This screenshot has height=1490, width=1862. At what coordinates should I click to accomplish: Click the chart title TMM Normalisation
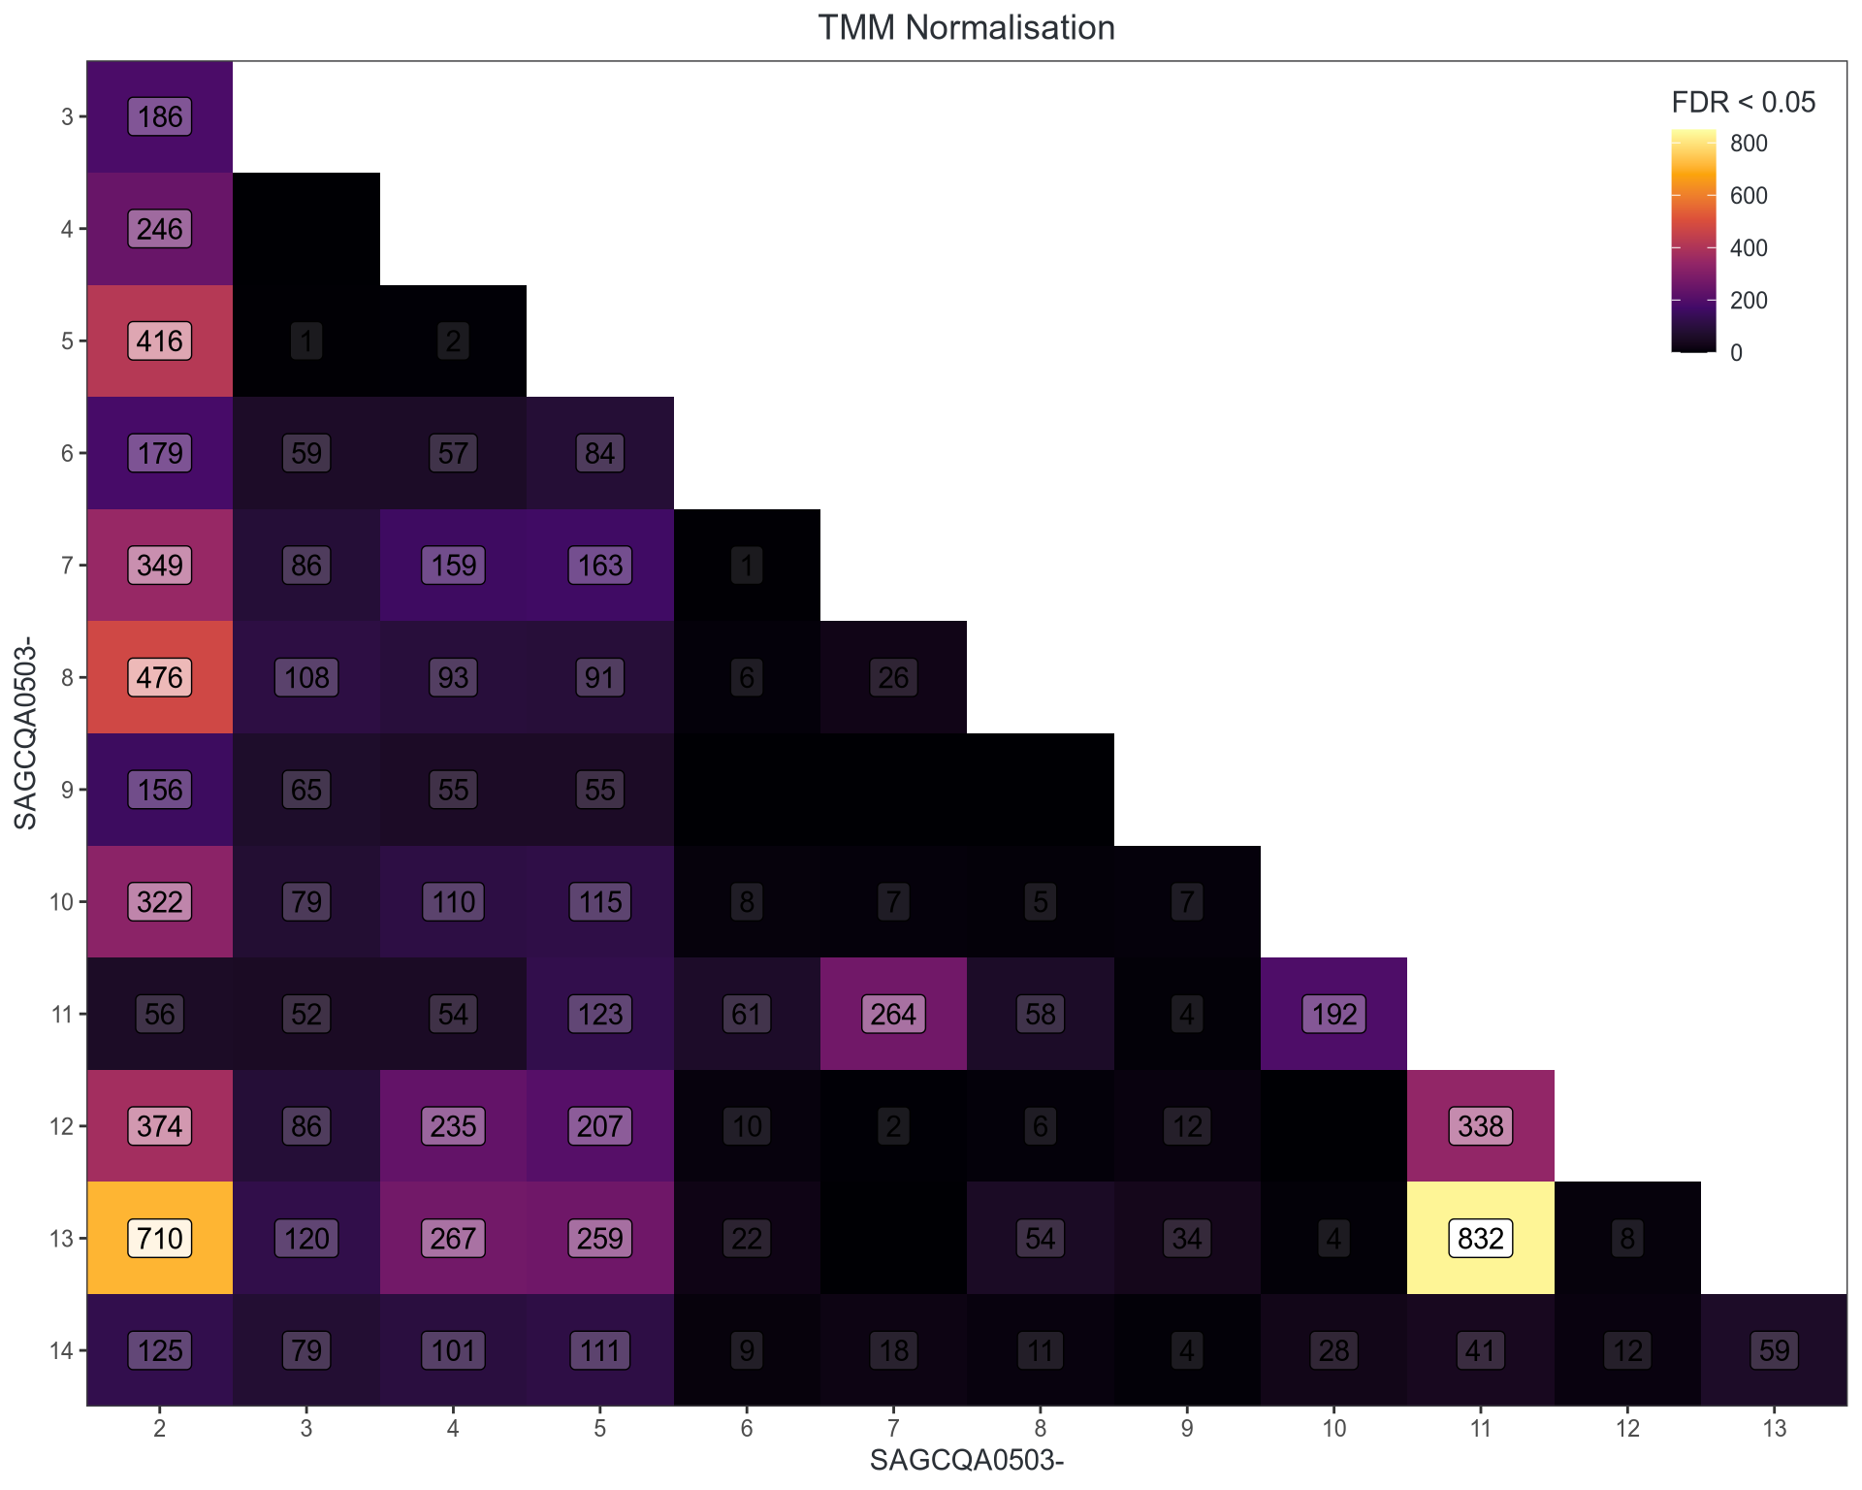966,28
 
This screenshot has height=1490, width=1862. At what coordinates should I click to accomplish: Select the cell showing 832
1481,1238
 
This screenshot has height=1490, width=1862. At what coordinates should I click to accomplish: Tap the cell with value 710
160,1238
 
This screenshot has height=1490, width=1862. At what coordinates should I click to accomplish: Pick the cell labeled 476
160,677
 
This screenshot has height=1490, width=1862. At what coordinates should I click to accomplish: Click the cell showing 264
893,1014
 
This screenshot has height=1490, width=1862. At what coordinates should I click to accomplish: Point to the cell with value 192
1334,1014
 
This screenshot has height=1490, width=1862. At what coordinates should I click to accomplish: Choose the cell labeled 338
1481,1126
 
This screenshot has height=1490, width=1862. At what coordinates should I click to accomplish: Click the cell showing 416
160,341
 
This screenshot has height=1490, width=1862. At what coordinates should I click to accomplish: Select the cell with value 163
600,566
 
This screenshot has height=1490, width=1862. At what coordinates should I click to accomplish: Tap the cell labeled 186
160,117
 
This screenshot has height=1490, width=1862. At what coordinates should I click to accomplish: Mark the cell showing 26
893,677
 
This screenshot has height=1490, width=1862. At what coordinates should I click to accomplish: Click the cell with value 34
1187,1238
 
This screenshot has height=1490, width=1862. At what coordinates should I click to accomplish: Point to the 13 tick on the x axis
1774,1428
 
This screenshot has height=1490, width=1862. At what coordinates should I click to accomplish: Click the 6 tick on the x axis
747,1428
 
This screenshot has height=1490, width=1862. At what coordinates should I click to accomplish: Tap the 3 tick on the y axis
67,117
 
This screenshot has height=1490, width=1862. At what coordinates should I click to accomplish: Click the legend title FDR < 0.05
1743,103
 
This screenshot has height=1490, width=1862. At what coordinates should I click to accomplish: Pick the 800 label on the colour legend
1749,144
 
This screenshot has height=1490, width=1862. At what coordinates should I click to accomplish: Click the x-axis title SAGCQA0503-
966,1461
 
